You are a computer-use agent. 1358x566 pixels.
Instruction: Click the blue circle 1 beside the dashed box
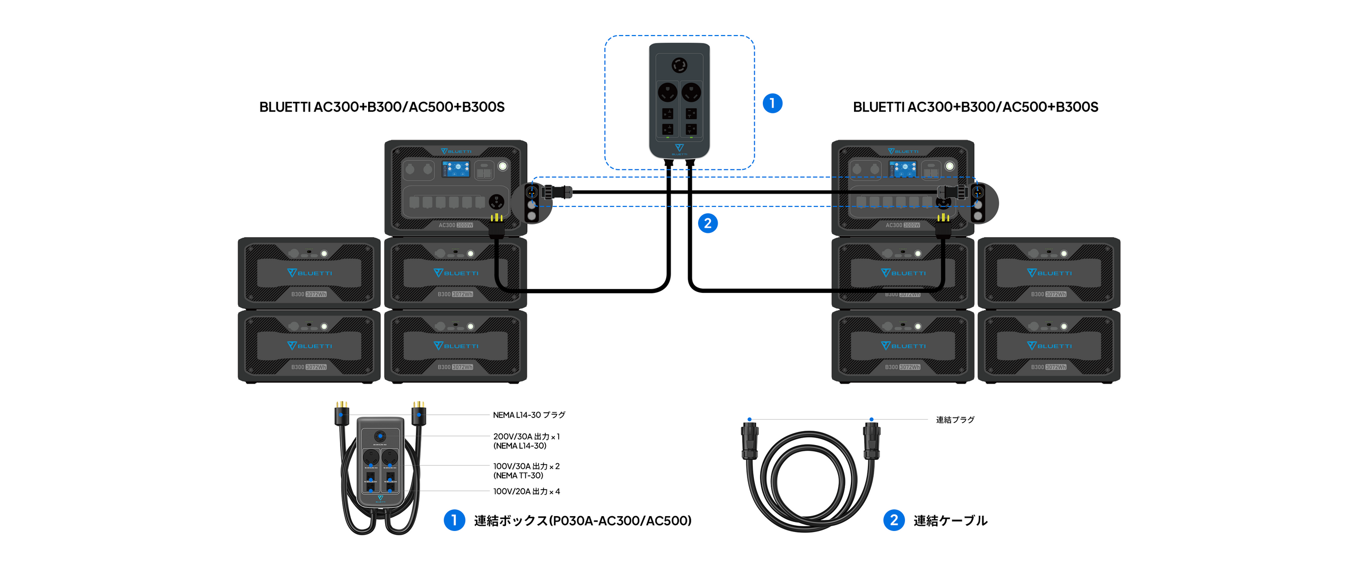(772, 103)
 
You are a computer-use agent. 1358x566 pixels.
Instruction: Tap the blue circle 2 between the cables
(708, 223)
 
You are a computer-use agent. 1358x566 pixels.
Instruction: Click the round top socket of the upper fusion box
(680, 65)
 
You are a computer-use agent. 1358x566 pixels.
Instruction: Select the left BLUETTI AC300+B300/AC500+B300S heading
(381, 107)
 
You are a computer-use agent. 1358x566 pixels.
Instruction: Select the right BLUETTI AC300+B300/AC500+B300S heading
(975, 107)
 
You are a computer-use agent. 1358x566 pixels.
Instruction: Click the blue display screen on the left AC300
(456, 169)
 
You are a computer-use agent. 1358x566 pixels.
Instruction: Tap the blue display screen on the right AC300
(903, 169)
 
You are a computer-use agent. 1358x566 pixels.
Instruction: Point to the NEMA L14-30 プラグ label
(529, 415)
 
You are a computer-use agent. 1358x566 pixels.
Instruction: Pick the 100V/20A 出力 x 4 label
(526, 491)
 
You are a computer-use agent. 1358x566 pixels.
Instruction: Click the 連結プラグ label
(955, 420)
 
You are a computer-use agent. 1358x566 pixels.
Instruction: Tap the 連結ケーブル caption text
(950, 520)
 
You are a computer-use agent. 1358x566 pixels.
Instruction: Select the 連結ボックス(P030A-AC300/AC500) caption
(582, 520)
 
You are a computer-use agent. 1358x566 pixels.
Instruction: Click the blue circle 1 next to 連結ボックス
(454, 520)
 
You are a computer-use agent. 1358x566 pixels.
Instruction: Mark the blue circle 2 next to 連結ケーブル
(894, 520)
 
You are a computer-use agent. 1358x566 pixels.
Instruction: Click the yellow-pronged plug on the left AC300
(497, 225)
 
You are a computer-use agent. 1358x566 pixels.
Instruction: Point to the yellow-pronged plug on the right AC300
(943, 225)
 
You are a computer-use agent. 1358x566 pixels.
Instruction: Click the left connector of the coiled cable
(750, 440)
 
